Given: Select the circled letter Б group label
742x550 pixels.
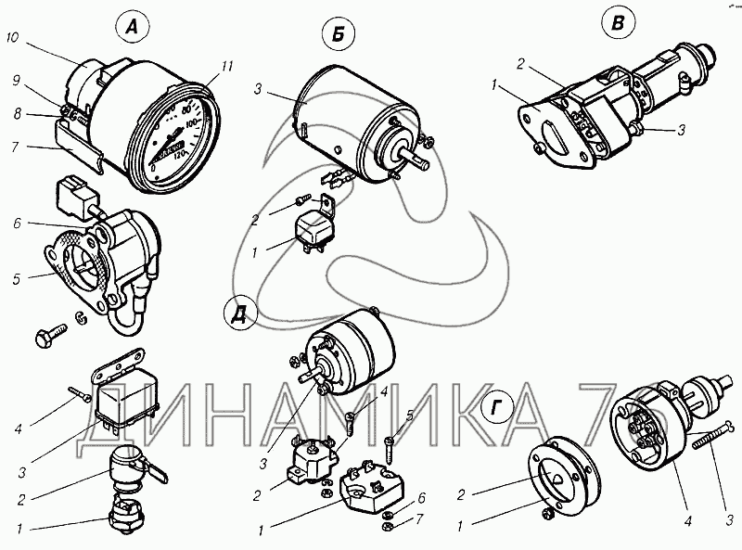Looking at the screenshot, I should pyautogui.click(x=339, y=37).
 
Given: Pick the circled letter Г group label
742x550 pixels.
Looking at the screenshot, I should pyautogui.click(x=498, y=409).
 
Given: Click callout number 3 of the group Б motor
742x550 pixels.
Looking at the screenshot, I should pyautogui.click(x=259, y=89).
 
